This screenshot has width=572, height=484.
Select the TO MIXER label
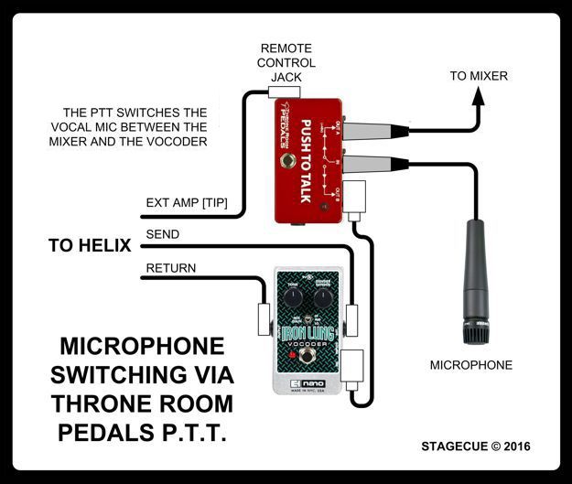click(x=478, y=76)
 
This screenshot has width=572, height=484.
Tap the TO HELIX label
click(x=90, y=245)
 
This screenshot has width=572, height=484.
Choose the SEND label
click(x=162, y=235)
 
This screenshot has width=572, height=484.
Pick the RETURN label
click(x=171, y=268)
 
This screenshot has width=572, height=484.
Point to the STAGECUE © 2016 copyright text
click(x=475, y=446)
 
